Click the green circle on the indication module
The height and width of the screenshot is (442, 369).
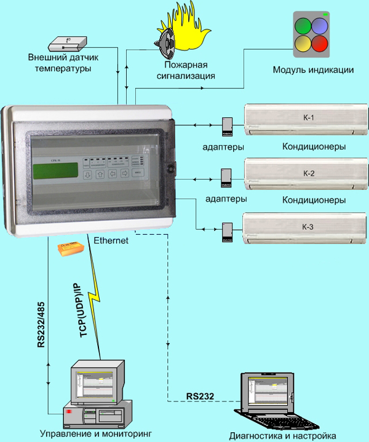click(303, 26)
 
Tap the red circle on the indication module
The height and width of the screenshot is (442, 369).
click(319, 43)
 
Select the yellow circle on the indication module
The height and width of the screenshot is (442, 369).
click(303, 43)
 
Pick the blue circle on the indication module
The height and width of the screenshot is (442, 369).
click(319, 26)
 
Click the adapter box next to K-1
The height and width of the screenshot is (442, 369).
click(227, 126)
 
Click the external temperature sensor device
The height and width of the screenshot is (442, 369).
click(67, 42)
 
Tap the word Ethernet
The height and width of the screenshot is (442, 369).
click(111, 241)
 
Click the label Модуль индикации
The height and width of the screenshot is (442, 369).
click(313, 69)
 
